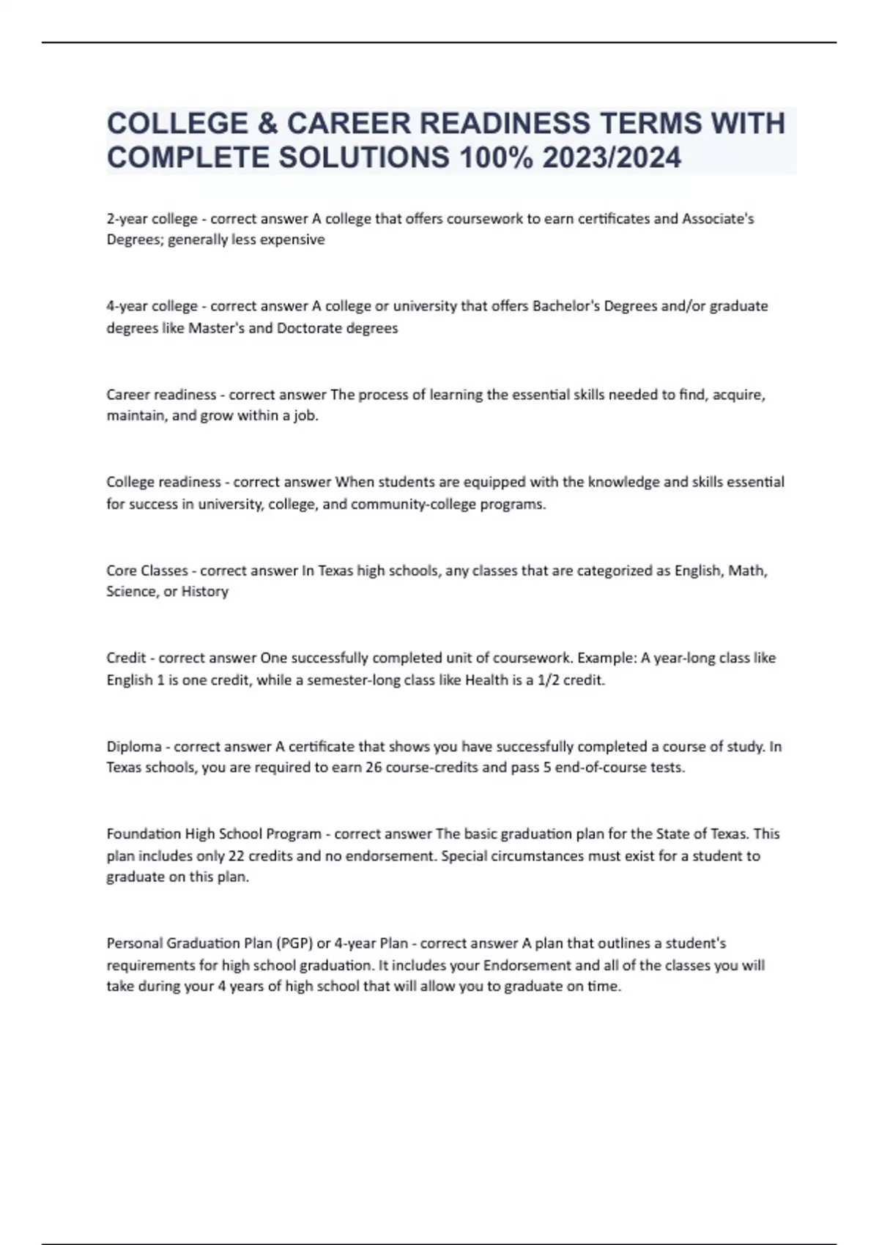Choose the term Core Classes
147,571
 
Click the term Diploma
134,747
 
